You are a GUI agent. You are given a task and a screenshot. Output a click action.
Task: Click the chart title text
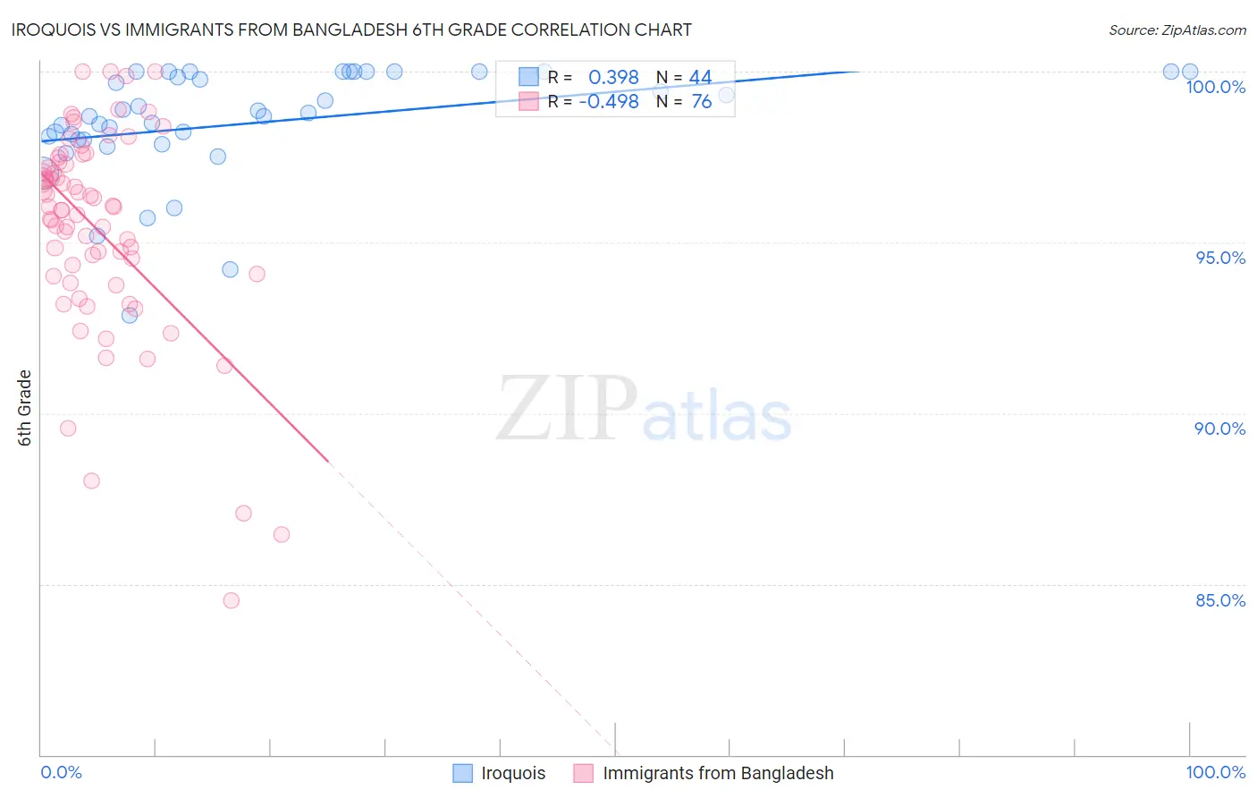pos(352,30)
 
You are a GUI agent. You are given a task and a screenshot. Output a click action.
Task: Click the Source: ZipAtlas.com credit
pos(1177,30)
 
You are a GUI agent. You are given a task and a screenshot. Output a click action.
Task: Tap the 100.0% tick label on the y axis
pos(1215,87)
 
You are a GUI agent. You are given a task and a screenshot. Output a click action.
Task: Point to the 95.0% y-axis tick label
pos(1219,258)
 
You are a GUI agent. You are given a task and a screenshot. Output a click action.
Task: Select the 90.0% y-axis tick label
pos(1219,429)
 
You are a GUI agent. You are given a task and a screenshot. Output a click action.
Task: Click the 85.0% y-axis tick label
pos(1219,600)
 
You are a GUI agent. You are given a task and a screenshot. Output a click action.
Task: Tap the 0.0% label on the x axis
pos(61,772)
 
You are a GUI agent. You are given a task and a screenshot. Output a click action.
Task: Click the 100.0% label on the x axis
pos(1215,772)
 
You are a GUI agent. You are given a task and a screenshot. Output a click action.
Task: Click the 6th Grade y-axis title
pos(25,408)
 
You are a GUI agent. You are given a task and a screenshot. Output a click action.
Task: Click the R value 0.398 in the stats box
pos(613,78)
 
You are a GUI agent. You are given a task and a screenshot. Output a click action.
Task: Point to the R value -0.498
pos(608,102)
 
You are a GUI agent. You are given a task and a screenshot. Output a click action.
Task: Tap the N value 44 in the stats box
pos(700,78)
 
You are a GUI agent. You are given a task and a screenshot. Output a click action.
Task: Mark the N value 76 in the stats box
pos(701,102)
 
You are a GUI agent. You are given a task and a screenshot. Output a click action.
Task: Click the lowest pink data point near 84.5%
pos(232,600)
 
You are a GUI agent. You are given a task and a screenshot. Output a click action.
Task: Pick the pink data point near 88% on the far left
pos(91,480)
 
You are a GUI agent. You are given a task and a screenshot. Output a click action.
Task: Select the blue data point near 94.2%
pos(230,269)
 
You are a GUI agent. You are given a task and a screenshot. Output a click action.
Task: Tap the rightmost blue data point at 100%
pos(1190,72)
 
